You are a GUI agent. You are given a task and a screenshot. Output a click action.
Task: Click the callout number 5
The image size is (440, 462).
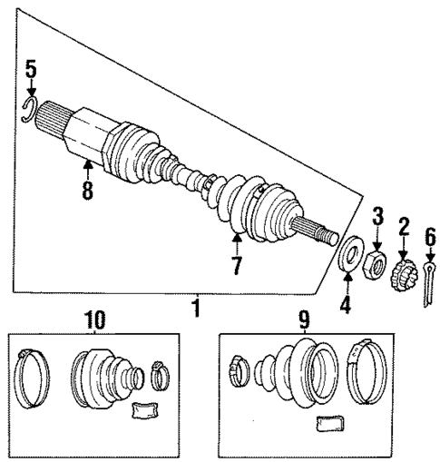tap(31, 68)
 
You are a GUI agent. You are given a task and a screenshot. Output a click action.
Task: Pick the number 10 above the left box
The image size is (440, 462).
tap(94, 319)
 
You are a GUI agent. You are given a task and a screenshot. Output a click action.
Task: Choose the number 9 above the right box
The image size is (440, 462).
tap(305, 319)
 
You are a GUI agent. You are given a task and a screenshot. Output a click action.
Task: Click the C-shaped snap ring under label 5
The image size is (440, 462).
tap(29, 111)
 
